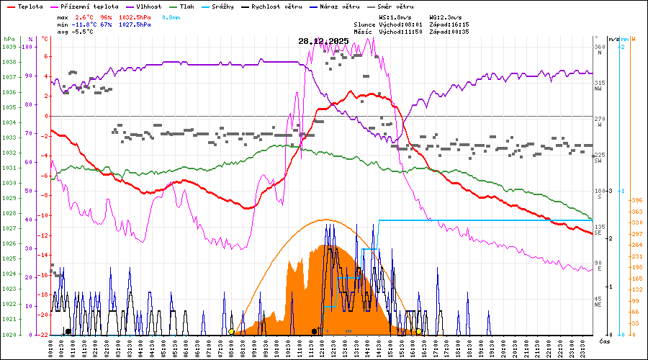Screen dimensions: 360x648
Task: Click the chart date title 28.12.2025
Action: click(x=323, y=41)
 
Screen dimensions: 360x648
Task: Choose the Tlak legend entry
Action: click(x=187, y=6)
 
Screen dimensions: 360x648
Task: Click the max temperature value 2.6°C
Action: click(x=86, y=17)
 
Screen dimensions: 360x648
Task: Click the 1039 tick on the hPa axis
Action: click(x=9, y=47)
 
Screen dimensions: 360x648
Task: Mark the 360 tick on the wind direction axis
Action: click(x=599, y=47)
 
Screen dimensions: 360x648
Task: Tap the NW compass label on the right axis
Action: click(x=598, y=89)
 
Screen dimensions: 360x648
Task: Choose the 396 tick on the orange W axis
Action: click(x=636, y=200)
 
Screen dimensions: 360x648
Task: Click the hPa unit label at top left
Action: click(x=9, y=39)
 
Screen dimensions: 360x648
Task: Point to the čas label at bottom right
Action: click(x=605, y=340)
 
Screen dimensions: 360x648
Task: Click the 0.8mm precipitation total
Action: click(x=171, y=17)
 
